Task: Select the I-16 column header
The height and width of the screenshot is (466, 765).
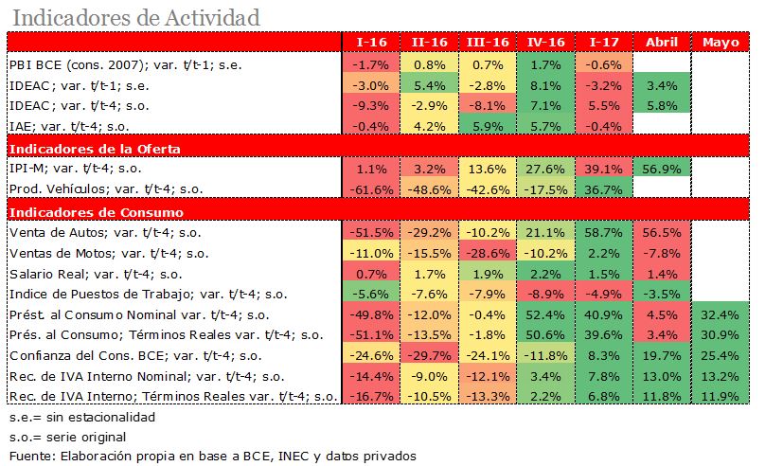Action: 370,43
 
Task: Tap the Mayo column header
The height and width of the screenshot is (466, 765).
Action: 722,43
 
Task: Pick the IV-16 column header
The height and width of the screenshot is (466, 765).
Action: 545,43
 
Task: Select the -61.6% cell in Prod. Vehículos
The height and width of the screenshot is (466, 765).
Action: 370,189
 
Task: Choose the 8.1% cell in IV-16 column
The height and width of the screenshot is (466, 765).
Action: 545,85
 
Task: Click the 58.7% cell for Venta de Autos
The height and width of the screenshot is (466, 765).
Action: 604,232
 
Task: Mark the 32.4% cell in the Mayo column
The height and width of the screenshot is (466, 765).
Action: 722,314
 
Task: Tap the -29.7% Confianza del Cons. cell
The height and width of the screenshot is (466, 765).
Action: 429,356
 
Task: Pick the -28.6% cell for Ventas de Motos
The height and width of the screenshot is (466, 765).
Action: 488,253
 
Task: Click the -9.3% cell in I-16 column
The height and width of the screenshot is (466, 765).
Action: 370,105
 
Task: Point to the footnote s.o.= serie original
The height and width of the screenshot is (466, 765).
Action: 66,437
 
